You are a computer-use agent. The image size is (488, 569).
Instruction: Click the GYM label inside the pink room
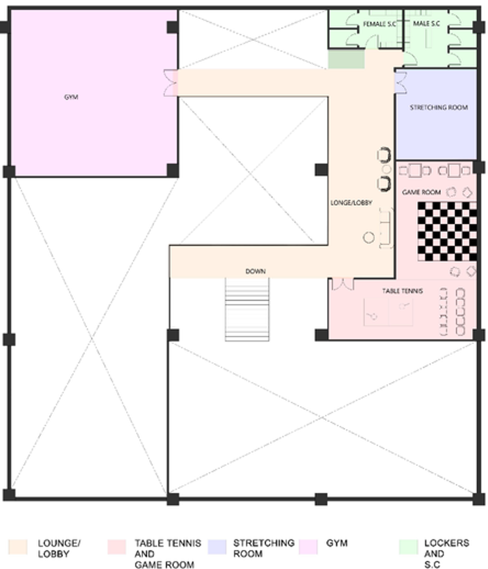(71, 97)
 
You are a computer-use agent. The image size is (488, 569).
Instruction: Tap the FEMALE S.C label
(379, 24)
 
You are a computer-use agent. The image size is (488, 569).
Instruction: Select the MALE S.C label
(426, 24)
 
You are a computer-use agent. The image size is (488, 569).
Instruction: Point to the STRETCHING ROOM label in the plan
(439, 107)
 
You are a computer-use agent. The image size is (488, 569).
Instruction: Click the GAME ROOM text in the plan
(421, 192)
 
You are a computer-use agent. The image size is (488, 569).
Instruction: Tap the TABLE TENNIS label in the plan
(403, 291)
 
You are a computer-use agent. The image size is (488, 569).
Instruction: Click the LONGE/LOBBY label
(351, 203)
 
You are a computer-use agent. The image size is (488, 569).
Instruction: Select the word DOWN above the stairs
(256, 271)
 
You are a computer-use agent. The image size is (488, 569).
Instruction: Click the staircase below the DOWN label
(247, 309)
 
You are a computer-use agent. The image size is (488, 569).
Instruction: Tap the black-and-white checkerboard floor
(447, 231)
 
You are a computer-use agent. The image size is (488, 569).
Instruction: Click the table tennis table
(388, 312)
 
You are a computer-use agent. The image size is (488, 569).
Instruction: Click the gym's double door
(171, 83)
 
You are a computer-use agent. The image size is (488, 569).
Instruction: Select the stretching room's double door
(401, 82)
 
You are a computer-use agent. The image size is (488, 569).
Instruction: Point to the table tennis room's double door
(342, 284)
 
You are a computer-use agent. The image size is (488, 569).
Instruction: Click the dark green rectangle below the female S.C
(346, 59)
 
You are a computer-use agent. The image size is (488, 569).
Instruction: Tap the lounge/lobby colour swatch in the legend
(18, 547)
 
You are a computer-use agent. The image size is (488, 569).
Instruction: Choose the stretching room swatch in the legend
(217, 547)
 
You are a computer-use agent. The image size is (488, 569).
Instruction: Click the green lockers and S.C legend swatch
(408, 547)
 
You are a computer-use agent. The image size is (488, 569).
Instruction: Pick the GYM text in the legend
(337, 543)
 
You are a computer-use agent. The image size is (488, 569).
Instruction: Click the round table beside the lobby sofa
(368, 237)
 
